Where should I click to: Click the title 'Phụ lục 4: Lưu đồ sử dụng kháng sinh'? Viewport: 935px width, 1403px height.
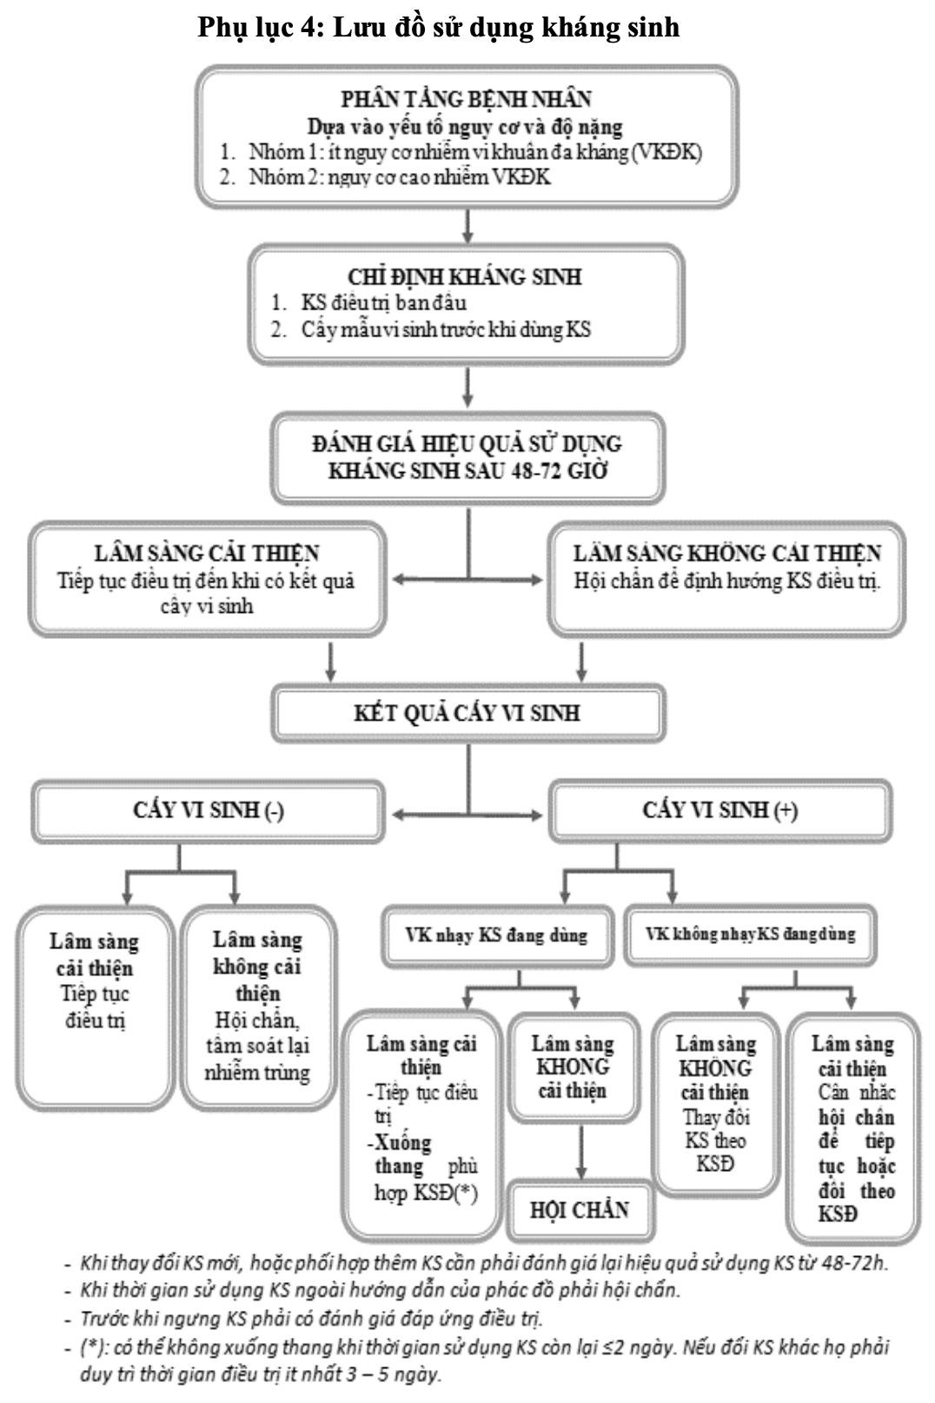point(438,27)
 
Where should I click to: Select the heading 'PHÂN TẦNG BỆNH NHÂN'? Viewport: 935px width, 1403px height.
point(466,99)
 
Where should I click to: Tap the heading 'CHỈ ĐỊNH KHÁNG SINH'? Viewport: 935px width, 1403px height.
point(465,277)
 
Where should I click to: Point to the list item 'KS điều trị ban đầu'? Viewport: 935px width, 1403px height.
point(383,303)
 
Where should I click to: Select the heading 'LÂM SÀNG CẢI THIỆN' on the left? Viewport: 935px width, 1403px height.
point(207,554)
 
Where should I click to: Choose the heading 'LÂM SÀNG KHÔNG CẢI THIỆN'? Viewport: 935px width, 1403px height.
point(726,554)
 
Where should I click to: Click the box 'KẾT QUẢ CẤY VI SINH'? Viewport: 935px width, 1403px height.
point(467,714)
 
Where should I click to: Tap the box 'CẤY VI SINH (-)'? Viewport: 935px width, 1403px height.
point(208,810)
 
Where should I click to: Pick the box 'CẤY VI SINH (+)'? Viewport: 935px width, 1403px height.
point(719,810)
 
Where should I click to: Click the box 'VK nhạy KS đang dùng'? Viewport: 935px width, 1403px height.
point(496,936)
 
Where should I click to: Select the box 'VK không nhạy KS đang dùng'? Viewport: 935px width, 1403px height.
point(750,935)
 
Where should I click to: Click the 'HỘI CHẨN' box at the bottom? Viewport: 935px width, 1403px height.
point(580,1209)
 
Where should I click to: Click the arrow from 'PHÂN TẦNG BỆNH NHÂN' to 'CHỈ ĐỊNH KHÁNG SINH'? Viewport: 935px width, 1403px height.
point(467,226)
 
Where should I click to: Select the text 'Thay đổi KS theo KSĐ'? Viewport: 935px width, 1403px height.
point(715,1140)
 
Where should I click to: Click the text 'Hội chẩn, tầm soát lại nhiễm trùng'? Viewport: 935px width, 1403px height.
point(257,1047)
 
